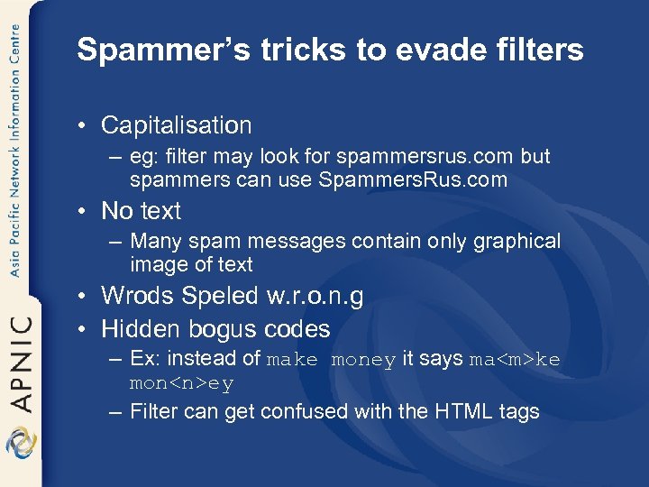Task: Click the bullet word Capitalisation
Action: point(177,125)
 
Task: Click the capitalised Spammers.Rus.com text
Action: point(413,179)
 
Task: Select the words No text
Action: point(142,211)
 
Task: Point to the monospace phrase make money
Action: point(331,360)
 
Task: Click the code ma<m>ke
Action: point(515,360)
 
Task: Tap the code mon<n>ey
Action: point(182,383)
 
